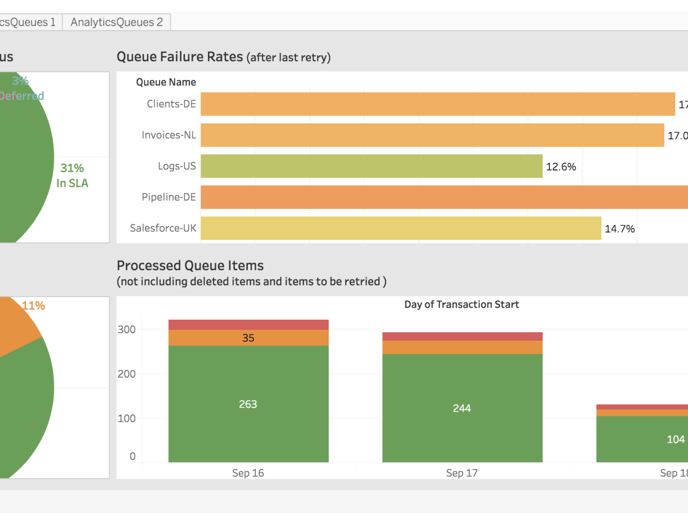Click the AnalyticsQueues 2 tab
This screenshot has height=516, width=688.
116,22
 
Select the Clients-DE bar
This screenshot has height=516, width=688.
438,104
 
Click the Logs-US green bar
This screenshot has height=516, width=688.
371,166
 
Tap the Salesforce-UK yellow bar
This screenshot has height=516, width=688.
400,228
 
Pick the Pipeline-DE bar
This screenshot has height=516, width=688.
444,197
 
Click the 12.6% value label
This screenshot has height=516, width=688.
561,167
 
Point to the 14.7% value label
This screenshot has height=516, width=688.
619,229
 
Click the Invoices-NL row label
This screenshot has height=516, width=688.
169,135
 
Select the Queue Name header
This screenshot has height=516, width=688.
166,82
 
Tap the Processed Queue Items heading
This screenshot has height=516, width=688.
190,266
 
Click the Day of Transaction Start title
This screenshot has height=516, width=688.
461,304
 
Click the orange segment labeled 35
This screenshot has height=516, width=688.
248,338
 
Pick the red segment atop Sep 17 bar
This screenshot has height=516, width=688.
462,336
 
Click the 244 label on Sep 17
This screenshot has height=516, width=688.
462,408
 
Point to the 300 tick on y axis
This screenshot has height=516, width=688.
127,329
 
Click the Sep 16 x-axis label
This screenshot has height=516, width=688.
248,473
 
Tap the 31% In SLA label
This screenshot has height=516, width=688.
72,176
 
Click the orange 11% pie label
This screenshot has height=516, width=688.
33,306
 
